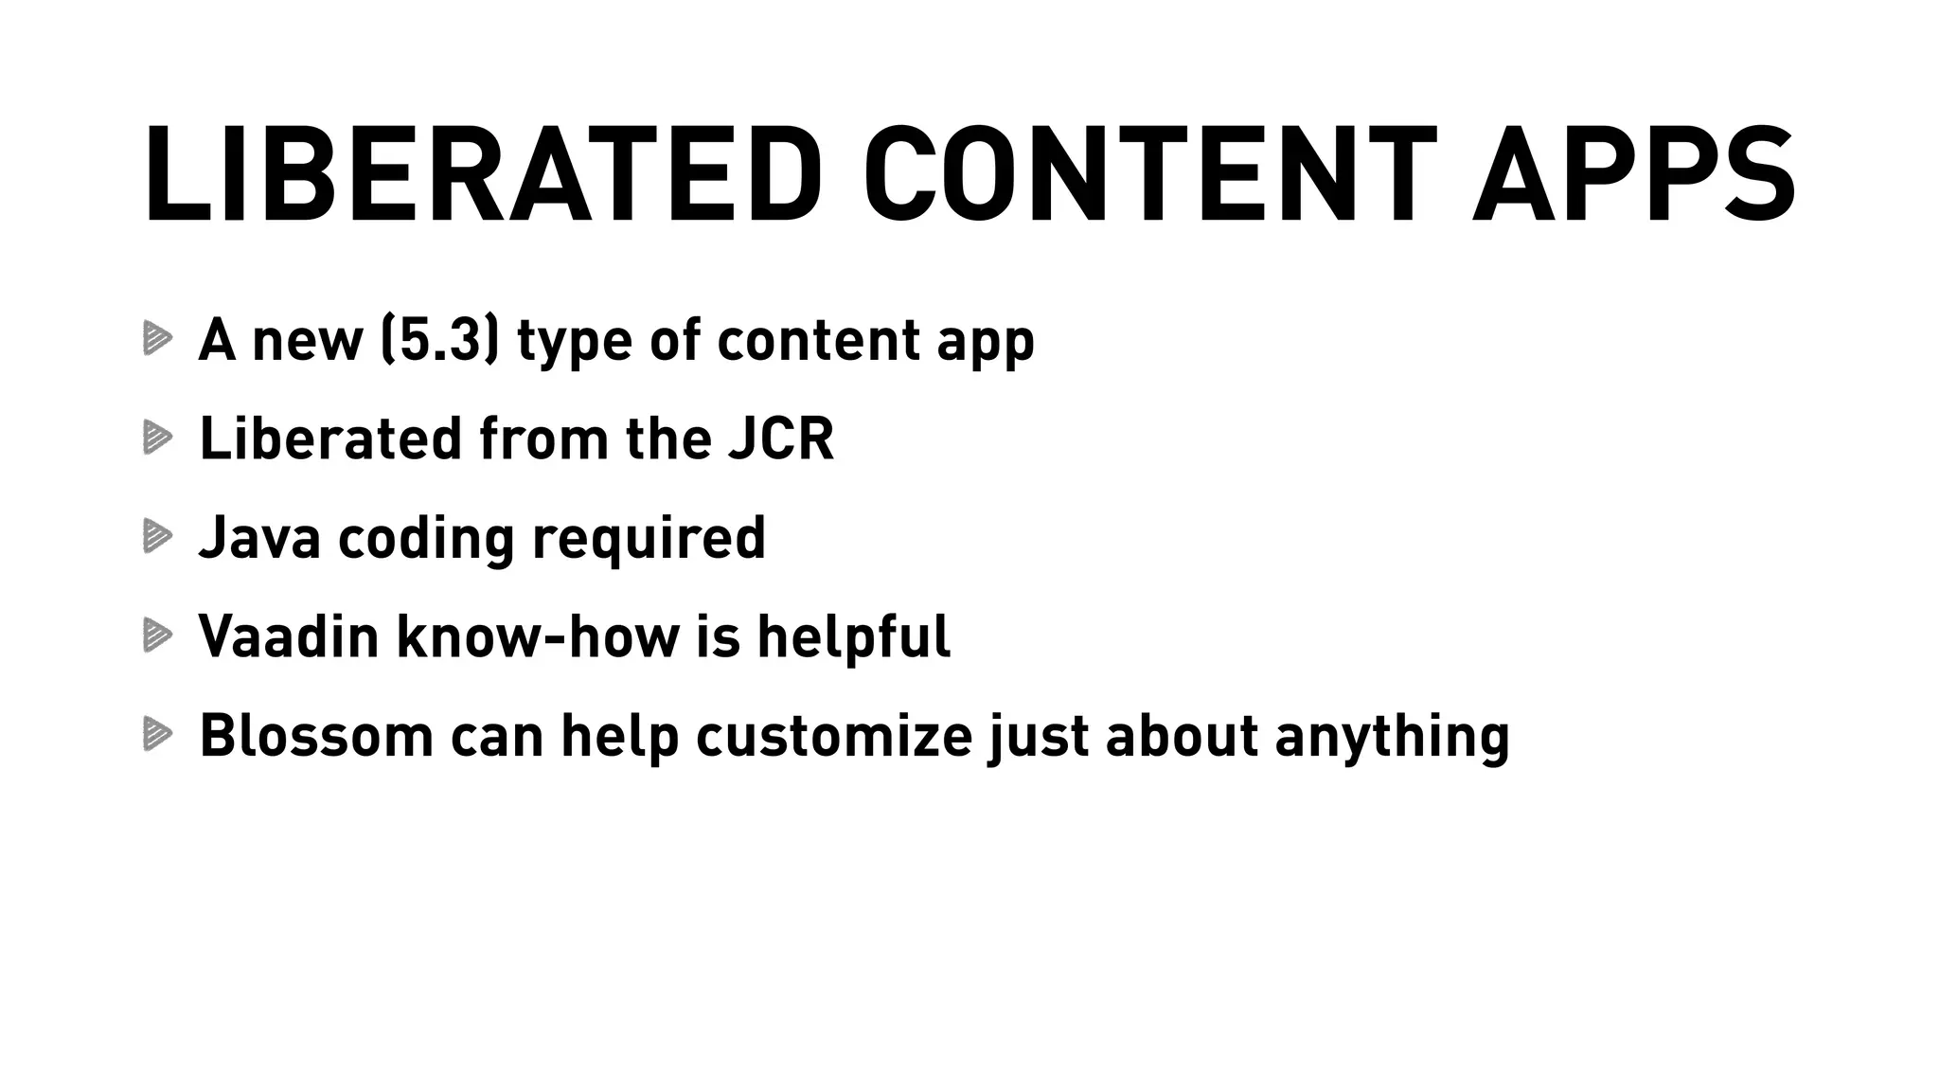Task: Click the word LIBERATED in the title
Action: pyautogui.click(x=483, y=174)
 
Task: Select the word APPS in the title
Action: pyautogui.click(x=1633, y=174)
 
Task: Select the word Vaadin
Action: pyautogui.click(x=289, y=635)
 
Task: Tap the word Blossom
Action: pyautogui.click(x=316, y=735)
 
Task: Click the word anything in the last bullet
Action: pyautogui.click(x=1392, y=737)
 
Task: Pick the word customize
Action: pyautogui.click(x=834, y=735)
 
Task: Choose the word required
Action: pyautogui.click(x=649, y=539)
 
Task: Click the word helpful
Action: pyautogui.click(x=853, y=635)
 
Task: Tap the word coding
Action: pyautogui.click(x=426, y=539)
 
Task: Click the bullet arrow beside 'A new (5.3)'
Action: pyautogui.click(x=157, y=338)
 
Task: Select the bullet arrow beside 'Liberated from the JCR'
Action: pyautogui.click(x=157, y=438)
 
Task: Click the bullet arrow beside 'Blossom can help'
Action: pyautogui.click(x=157, y=734)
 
